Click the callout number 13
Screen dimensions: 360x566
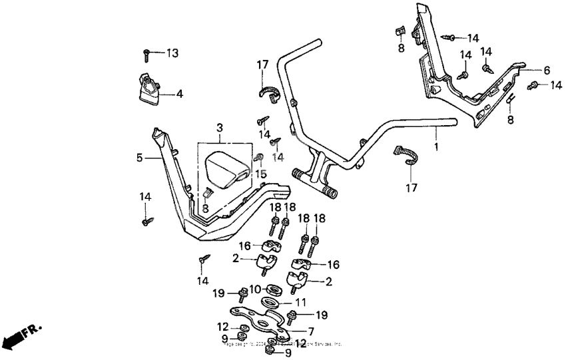point(172,53)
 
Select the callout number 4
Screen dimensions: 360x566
point(179,94)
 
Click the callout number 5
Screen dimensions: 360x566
point(139,158)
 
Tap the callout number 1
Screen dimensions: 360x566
point(436,144)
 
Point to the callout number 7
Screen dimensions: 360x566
point(311,331)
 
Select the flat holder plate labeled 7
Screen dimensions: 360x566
point(260,321)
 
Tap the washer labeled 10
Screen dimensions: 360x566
point(272,290)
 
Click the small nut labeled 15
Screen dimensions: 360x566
point(260,158)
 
